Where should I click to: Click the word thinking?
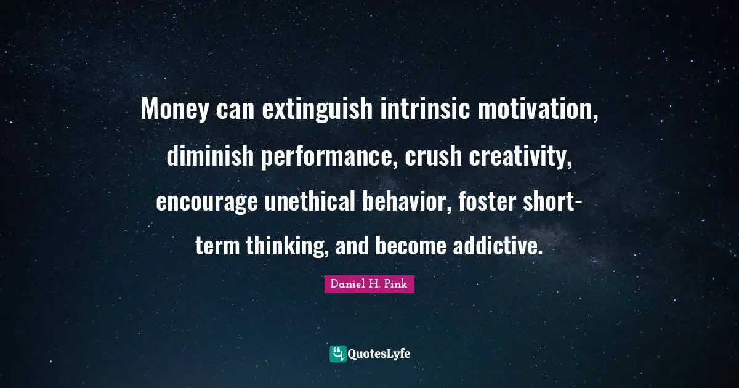280,247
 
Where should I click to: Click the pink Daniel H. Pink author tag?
369,284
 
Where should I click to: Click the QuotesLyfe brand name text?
379,354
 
